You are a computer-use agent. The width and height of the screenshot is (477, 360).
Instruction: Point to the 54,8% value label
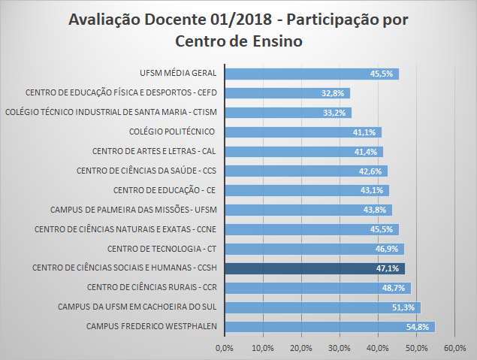point(418,327)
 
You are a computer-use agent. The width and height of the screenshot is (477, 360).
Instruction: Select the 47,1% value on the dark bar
point(388,268)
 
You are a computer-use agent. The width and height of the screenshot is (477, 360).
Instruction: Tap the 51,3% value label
point(404,307)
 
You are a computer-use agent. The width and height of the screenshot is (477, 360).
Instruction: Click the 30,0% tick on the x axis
point(340,348)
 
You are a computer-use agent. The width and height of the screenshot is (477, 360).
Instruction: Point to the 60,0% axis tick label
point(455,348)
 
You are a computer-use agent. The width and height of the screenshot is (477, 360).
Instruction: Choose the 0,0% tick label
point(224,348)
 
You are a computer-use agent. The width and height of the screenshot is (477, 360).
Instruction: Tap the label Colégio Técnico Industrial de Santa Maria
point(110,113)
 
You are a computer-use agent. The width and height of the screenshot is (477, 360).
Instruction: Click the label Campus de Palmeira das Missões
point(133,210)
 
